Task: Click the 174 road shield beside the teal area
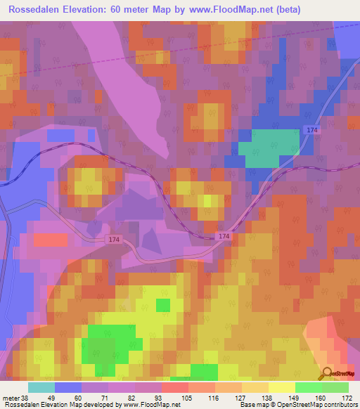pos(314,130)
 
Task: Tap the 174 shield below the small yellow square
pos(224,237)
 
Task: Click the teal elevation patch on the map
pos(268,147)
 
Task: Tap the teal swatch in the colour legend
pos(41,388)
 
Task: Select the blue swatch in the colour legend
pos(68,388)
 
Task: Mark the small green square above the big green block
pos(163,304)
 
